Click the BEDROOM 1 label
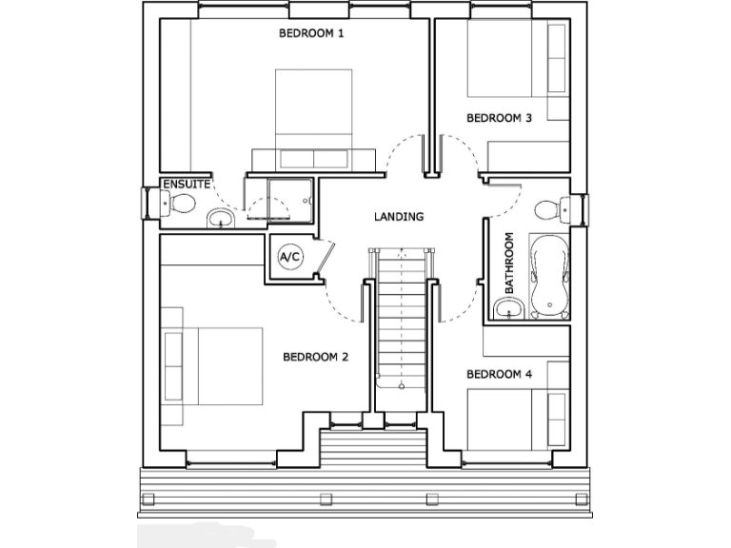(x=310, y=33)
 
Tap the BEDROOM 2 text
(x=315, y=358)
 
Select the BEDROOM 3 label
(x=498, y=118)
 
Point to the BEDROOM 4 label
(x=499, y=374)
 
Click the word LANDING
(x=399, y=217)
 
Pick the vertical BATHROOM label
(x=509, y=263)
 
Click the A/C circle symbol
(x=288, y=256)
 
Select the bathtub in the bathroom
(x=550, y=278)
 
